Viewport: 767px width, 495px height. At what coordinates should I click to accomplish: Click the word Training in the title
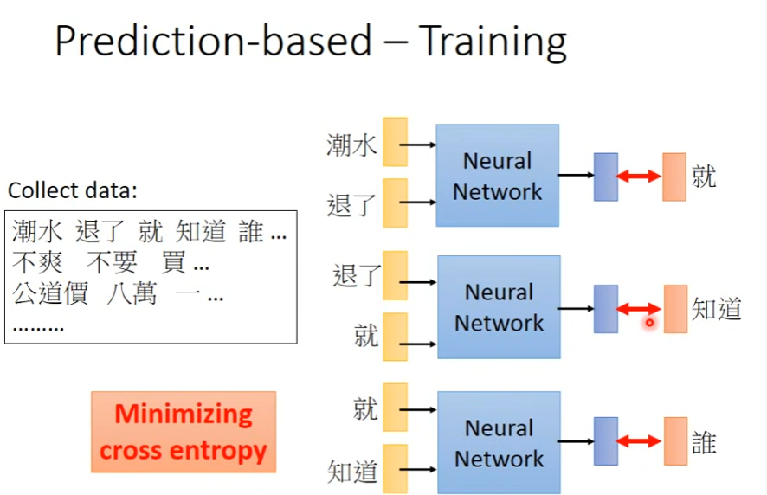pyautogui.click(x=492, y=42)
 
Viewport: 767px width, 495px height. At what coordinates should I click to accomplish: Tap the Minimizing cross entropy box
pyautogui.click(x=184, y=432)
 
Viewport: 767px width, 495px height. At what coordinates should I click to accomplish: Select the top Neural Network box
pyautogui.click(x=498, y=176)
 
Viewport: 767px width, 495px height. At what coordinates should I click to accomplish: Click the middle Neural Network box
pyautogui.click(x=499, y=307)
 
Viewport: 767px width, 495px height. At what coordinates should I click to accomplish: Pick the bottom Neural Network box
pyautogui.click(x=499, y=442)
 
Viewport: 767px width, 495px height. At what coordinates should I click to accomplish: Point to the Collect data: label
pyautogui.click(x=73, y=190)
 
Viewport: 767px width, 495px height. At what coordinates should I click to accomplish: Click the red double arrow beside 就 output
pyautogui.click(x=639, y=177)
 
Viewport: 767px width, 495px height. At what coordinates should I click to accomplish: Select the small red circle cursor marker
pyautogui.click(x=648, y=323)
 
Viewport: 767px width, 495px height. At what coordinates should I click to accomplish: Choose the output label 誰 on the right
pyautogui.click(x=704, y=442)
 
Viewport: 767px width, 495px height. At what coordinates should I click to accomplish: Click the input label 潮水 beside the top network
pyautogui.click(x=351, y=145)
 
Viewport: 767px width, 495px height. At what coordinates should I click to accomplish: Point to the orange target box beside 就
pyautogui.click(x=674, y=177)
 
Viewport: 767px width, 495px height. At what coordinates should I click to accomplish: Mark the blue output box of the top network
pyautogui.click(x=606, y=177)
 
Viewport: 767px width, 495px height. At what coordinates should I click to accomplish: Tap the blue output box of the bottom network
pyautogui.click(x=606, y=441)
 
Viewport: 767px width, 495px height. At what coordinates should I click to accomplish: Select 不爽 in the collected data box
pyautogui.click(x=37, y=263)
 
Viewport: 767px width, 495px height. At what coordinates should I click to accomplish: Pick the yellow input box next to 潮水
pyautogui.click(x=395, y=142)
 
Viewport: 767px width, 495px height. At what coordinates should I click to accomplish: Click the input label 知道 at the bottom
pyautogui.click(x=352, y=472)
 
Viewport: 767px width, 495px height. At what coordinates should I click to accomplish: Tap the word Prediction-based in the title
pyautogui.click(x=213, y=42)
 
